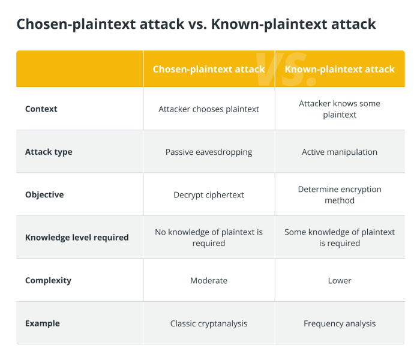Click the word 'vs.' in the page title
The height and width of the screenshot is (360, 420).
[197, 24]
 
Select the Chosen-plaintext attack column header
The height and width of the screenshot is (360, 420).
[209, 69]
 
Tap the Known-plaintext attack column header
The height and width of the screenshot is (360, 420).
[340, 69]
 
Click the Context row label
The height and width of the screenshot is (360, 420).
[41, 109]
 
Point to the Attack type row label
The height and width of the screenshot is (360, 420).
[49, 152]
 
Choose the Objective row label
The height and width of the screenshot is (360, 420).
[44, 195]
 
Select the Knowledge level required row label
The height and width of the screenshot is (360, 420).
[77, 238]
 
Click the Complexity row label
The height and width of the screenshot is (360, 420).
[48, 281]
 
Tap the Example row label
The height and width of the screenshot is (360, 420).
[43, 323]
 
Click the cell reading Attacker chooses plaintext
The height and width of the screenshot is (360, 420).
[209, 109]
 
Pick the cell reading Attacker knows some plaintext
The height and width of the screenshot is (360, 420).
[340, 109]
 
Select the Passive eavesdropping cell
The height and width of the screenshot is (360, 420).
[209, 152]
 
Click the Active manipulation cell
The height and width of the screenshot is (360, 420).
[340, 152]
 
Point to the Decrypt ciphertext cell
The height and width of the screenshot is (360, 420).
[209, 195]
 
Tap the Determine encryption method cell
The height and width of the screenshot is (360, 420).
[340, 195]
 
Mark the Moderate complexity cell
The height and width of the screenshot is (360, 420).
[209, 281]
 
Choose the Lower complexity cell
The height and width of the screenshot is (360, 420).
[340, 281]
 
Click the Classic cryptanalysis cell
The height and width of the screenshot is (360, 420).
[209, 323]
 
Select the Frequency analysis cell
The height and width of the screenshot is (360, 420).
[340, 323]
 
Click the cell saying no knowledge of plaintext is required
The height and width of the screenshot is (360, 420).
[209, 238]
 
